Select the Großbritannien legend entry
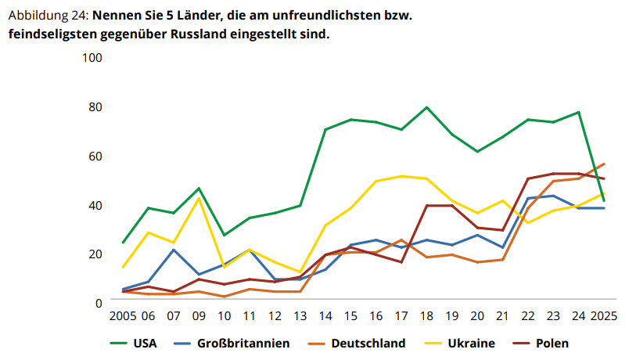point(243,343)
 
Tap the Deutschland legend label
point(368,343)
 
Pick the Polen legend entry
point(552,343)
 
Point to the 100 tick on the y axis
point(92,58)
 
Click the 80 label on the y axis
point(95,106)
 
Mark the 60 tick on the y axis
point(95,156)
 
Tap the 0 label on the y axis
point(99,302)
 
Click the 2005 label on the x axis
point(123,316)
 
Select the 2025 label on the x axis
point(603,316)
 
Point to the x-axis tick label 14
point(325,316)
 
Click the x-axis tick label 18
point(426,316)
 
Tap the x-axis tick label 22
point(528,316)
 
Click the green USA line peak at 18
point(426,107)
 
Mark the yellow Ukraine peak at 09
point(199,198)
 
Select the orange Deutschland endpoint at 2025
point(604,164)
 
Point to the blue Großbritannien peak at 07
point(173,250)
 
